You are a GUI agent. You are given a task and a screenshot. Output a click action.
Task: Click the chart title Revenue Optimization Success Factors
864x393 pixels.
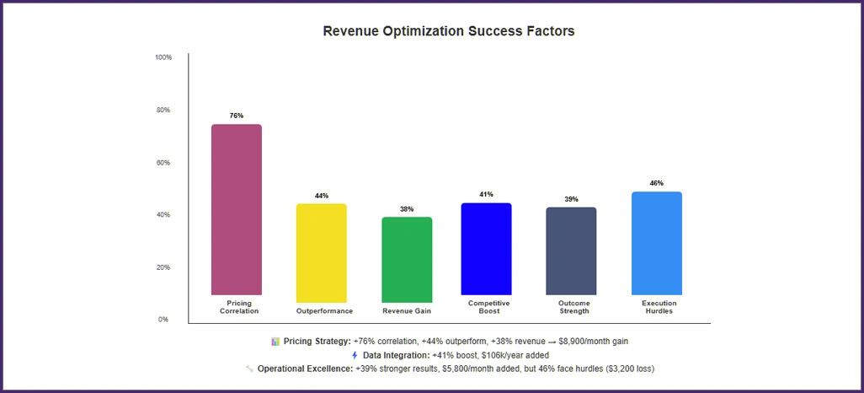pyautogui.click(x=449, y=31)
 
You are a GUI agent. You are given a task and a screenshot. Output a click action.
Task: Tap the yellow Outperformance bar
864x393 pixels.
pyautogui.click(x=321, y=253)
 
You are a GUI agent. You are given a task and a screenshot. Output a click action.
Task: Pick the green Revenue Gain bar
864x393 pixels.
pyautogui.click(x=407, y=260)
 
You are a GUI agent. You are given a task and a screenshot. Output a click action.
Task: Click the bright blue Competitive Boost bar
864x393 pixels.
pyautogui.click(x=486, y=249)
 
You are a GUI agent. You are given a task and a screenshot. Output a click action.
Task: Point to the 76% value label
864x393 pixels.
pyautogui.click(x=236, y=116)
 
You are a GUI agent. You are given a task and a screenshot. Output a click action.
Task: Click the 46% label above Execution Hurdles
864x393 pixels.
pyautogui.click(x=656, y=183)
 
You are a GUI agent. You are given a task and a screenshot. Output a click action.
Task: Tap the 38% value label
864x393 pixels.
pyautogui.click(x=407, y=208)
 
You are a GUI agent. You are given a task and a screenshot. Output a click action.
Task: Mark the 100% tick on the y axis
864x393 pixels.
pyautogui.click(x=163, y=57)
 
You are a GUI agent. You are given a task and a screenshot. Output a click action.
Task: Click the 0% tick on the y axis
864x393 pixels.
pyautogui.click(x=163, y=320)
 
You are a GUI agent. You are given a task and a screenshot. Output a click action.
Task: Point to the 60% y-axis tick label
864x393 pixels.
pyautogui.click(x=163, y=163)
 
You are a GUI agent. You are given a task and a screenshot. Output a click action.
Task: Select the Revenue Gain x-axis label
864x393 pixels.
pyautogui.click(x=407, y=311)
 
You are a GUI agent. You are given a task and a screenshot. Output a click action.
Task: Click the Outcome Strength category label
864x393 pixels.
pyautogui.click(x=573, y=307)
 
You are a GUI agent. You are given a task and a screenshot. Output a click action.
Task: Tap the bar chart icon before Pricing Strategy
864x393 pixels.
pyautogui.click(x=275, y=342)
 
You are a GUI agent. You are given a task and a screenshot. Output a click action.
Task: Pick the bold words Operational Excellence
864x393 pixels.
pyautogui.click(x=305, y=369)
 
